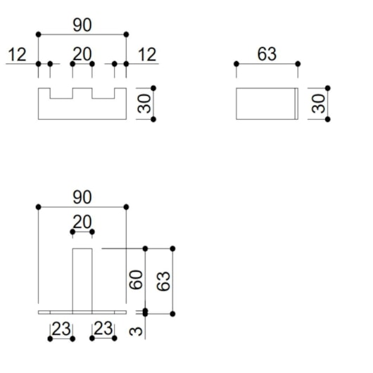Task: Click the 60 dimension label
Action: pyautogui.click(x=136, y=280)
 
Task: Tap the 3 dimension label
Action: pyautogui.click(x=136, y=331)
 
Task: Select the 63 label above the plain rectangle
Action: pyautogui.click(x=267, y=54)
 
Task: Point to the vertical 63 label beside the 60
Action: pyautogui.click(x=163, y=282)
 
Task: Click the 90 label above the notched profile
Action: pyautogui.click(x=82, y=25)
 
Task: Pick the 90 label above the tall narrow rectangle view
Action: pyautogui.click(x=82, y=197)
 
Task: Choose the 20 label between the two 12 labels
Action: pyautogui.click(x=82, y=54)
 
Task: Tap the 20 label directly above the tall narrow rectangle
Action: pyautogui.click(x=82, y=222)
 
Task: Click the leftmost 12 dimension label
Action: pyautogui.click(x=17, y=54)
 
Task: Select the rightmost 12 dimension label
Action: pyautogui.click(x=147, y=54)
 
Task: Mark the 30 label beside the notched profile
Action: pyautogui.click(x=144, y=103)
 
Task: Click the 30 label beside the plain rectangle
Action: pyautogui.click(x=318, y=103)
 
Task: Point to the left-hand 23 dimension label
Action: pyautogui.click(x=61, y=329)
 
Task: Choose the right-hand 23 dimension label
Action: pyautogui.click(x=103, y=328)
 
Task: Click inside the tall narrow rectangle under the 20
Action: pyautogui.click(x=82, y=279)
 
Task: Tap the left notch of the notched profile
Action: pyautogui.click(x=61, y=93)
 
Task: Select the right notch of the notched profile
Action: pyautogui.click(x=103, y=93)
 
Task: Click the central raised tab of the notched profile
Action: pyautogui.click(x=82, y=93)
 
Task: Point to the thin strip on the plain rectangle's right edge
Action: pyautogui.click(x=296, y=103)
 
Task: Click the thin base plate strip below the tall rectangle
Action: pyautogui.click(x=82, y=312)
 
